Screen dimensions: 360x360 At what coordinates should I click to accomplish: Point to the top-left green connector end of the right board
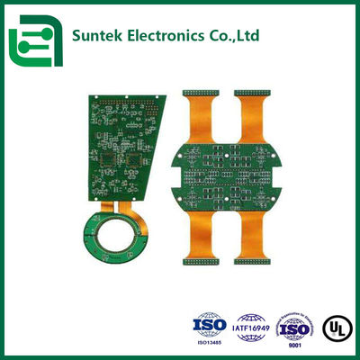199,92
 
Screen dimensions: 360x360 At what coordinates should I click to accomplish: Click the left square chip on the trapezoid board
112,163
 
